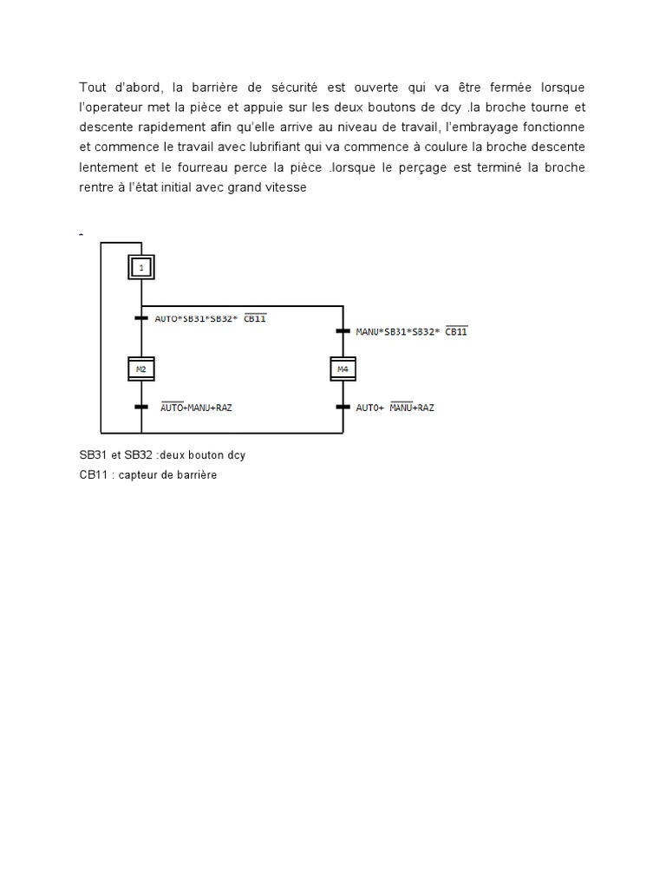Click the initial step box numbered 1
tap(141, 267)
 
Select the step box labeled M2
tap(141, 369)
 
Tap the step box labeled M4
tap(344, 369)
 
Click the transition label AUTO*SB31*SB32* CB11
tap(210, 318)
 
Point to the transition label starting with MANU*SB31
tap(412, 331)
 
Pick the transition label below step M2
tap(197, 406)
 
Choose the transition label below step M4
tap(395, 406)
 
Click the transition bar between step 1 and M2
tap(141, 318)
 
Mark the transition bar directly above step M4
tap(344, 331)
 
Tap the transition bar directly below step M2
tap(141, 406)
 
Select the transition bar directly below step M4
tap(344, 406)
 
